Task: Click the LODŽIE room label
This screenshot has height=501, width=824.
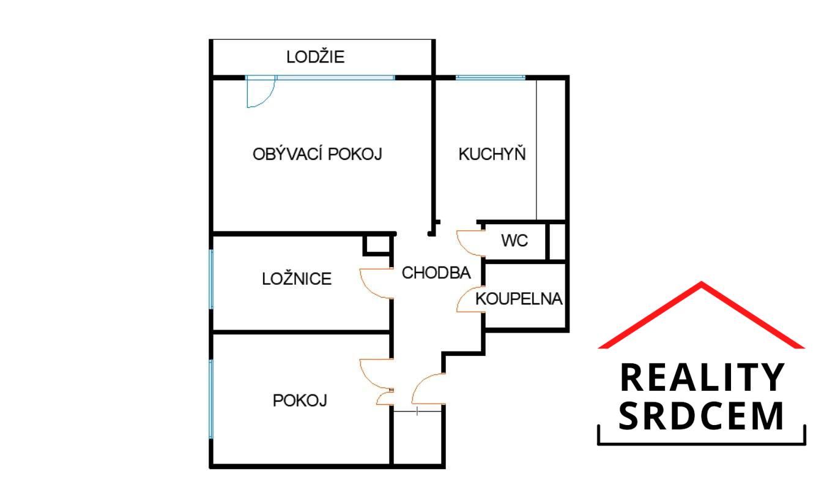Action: pos(315,57)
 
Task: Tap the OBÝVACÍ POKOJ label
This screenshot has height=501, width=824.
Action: pos(317,154)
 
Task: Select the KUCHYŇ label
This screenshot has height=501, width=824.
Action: pos(492,154)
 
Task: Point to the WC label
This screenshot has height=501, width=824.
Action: pos(514,241)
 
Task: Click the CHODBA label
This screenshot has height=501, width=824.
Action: pos(436,273)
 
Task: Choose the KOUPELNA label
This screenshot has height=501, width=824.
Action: pos(519,299)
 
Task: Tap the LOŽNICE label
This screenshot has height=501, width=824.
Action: pos(297,279)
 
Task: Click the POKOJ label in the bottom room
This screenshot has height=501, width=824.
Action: pos(300,401)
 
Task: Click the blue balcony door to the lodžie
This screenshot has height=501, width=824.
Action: pos(261,91)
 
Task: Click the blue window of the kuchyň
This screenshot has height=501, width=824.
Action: pos(491,77)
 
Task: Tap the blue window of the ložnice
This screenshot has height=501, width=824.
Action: pos(211,279)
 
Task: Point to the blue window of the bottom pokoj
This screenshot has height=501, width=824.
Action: pos(211,399)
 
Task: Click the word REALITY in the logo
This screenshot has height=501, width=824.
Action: pos(701,377)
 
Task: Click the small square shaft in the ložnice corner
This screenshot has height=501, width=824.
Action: pos(377,245)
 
